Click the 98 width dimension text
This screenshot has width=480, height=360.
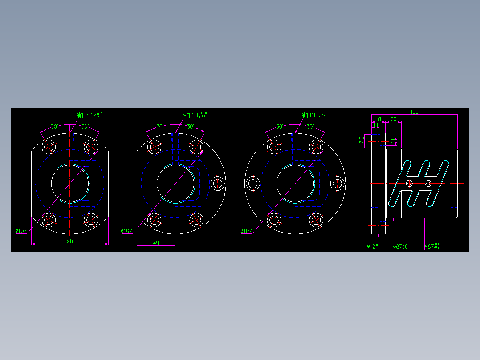coord(70,241)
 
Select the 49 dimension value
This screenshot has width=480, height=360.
coord(156,242)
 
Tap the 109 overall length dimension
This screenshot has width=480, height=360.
coord(414,111)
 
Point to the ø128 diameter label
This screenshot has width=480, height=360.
coord(372,246)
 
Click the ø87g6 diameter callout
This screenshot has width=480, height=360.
coord(400,246)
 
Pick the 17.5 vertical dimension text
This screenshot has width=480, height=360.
coord(362,141)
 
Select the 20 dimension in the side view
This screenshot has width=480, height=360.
coord(394,119)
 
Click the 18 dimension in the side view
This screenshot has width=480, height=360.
coord(378,119)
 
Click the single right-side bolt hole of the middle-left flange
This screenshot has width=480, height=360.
coord(218,183)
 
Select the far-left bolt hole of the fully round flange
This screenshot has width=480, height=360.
coord(253,183)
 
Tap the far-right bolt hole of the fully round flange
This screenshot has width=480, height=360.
coord(338,183)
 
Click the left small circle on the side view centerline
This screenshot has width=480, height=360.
coord(409,183)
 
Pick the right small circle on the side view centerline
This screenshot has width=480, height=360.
coord(428,183)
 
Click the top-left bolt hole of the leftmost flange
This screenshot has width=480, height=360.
coord(49,147)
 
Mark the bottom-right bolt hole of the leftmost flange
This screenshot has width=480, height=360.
coord(91,220)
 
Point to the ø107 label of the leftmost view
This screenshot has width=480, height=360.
coord(21,231)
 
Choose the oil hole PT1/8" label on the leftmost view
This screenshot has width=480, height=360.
coord(89,115)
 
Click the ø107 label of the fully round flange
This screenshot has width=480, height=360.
coord(246,231)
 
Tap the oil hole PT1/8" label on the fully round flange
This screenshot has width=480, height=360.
coord(314,115)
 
